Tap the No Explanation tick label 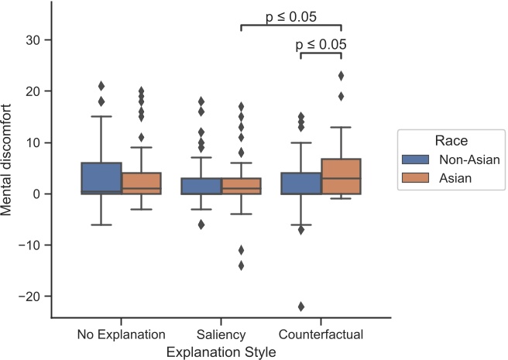coord(122,335)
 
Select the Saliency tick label coord(221,335)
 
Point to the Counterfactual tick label coord(321,335)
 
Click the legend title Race coord(450,142)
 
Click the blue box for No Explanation coord(101,178)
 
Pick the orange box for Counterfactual coord(341,177)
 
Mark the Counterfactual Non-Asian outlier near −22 coord(301,307)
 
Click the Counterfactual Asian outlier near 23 coord(341,76)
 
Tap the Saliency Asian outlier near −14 coord(242,266)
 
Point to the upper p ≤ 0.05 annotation coord(291,16)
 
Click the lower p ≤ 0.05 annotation coord(321,44)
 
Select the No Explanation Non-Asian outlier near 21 coord(101,86)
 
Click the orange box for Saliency coord(242,186)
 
